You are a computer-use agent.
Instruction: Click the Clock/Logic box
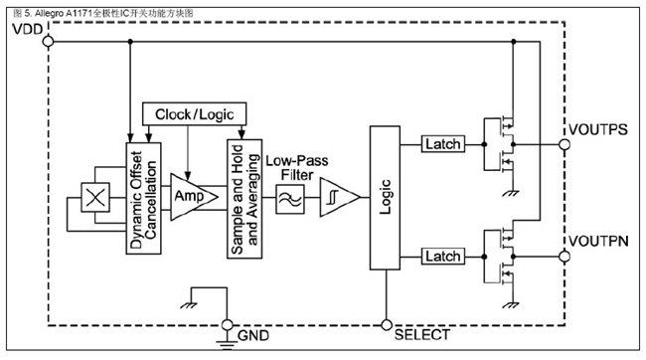click(x=189, y=114)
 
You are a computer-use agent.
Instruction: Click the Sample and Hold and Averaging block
click(x=244, y=197)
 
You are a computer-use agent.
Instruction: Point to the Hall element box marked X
click(x=95, y=198)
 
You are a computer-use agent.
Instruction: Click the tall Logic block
click(x=384, y=197)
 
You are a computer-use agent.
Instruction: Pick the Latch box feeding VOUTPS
click(x=441, y=144)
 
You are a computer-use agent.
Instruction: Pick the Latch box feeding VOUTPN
click(x=441, y=257)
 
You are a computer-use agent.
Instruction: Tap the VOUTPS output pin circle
click(x=564, y=144)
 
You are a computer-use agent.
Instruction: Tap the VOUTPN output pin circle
click(x=564, y=257)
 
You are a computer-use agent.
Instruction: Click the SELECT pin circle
click(x=385, y=323)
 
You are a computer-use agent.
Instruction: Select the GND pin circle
click(x=228, y=323)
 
